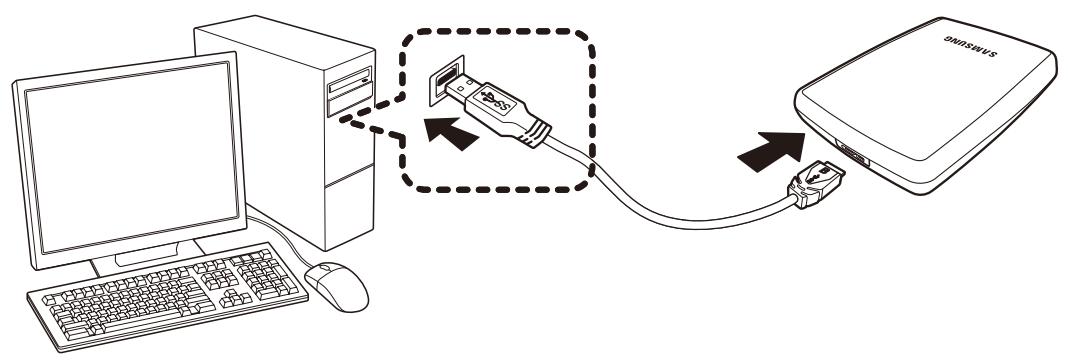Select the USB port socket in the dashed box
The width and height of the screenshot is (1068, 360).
click(x=444, y=80)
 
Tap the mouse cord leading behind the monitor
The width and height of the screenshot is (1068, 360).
click(x=284, y=240)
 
